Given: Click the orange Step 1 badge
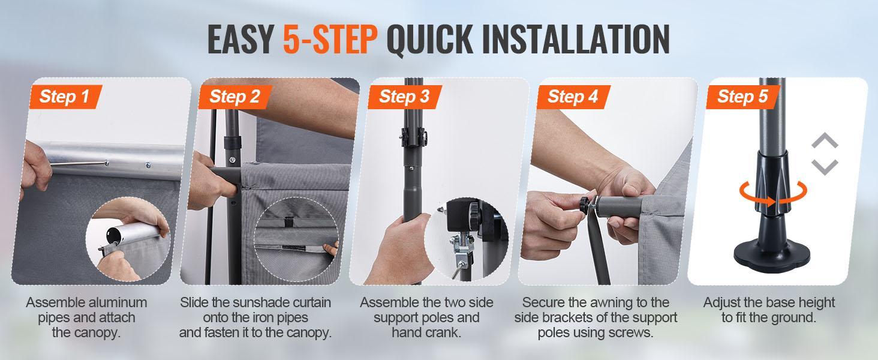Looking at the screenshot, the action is [65, 97].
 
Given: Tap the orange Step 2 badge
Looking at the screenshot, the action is [234, 97].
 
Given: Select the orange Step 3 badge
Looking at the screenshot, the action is [404, 97].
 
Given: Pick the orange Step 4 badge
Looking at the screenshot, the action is [573, 97].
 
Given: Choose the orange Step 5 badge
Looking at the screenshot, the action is [743, 97].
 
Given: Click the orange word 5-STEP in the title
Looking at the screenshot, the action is [330, 39].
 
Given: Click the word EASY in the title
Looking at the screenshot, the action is [240, 39].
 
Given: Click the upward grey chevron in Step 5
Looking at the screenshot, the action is [825, 140].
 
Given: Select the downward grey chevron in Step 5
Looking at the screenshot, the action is [825, 167].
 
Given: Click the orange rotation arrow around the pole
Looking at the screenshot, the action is [773, 194].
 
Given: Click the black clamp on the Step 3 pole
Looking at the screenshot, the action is [414, 137].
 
